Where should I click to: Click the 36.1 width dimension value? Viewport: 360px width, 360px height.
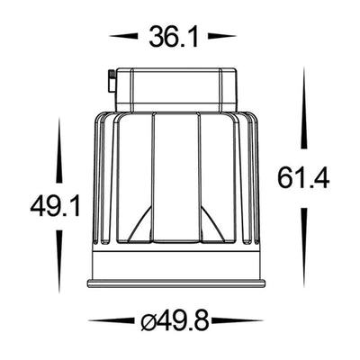174,37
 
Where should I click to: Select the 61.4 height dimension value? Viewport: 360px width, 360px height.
303,178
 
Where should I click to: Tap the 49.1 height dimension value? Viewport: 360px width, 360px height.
55,206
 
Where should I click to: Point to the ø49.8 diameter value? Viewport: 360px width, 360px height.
175,320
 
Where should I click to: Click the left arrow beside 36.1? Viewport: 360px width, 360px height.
124,36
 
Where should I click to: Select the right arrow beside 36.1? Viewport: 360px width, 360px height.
222,36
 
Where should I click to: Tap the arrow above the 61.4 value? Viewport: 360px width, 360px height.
304,107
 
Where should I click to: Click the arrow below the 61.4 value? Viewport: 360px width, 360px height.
304,247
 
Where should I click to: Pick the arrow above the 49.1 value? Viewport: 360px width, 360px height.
59,150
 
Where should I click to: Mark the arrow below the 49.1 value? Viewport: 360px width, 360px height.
59,262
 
